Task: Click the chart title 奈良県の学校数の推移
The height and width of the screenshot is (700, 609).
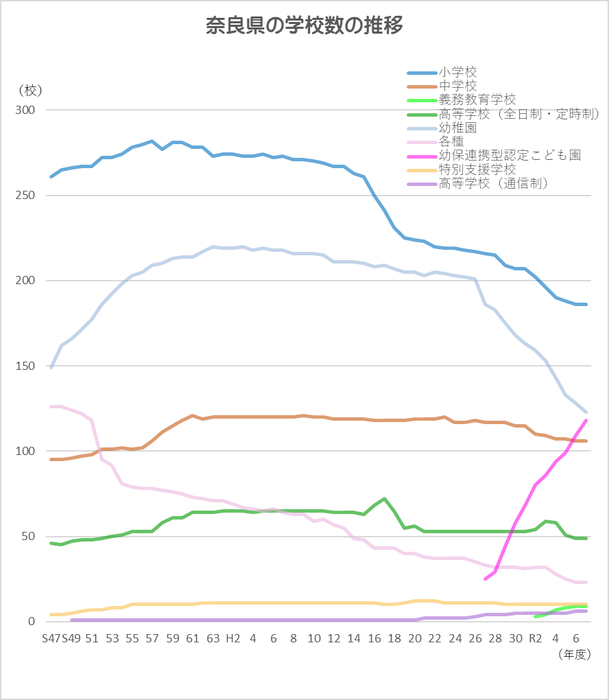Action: [x=304, y=26]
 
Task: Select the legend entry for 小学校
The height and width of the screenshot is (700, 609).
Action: [x=457, y=72]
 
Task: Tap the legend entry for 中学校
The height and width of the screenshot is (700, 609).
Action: [x=457, y=86]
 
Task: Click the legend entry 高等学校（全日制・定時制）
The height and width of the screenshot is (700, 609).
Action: [x=519, y=114]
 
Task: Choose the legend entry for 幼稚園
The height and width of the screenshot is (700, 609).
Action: [x=457, y=128]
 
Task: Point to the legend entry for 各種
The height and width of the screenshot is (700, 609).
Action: [x=451, y=142]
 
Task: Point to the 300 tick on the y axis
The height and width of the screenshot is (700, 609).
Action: [x=25, y=110]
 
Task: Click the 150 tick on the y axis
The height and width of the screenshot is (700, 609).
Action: [x=25, y=366]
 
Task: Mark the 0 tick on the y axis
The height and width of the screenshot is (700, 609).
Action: [x=31, y=622]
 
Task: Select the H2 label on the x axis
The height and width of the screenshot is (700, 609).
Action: [x=233, y=638]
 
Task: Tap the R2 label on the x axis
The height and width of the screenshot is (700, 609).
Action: [x=536, y=638]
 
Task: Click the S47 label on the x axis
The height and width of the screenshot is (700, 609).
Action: [x=51, y=638]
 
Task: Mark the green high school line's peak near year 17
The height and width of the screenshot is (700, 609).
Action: [x=384, y=499]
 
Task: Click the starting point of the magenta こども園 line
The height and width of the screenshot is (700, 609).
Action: [x=486, y=579]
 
